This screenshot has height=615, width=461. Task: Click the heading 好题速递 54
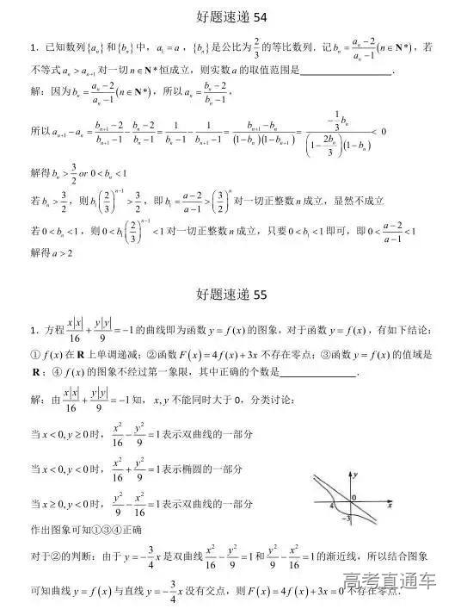point(230,16)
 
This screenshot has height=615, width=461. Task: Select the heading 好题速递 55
point(230,295)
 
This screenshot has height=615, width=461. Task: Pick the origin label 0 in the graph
point(353,498)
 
